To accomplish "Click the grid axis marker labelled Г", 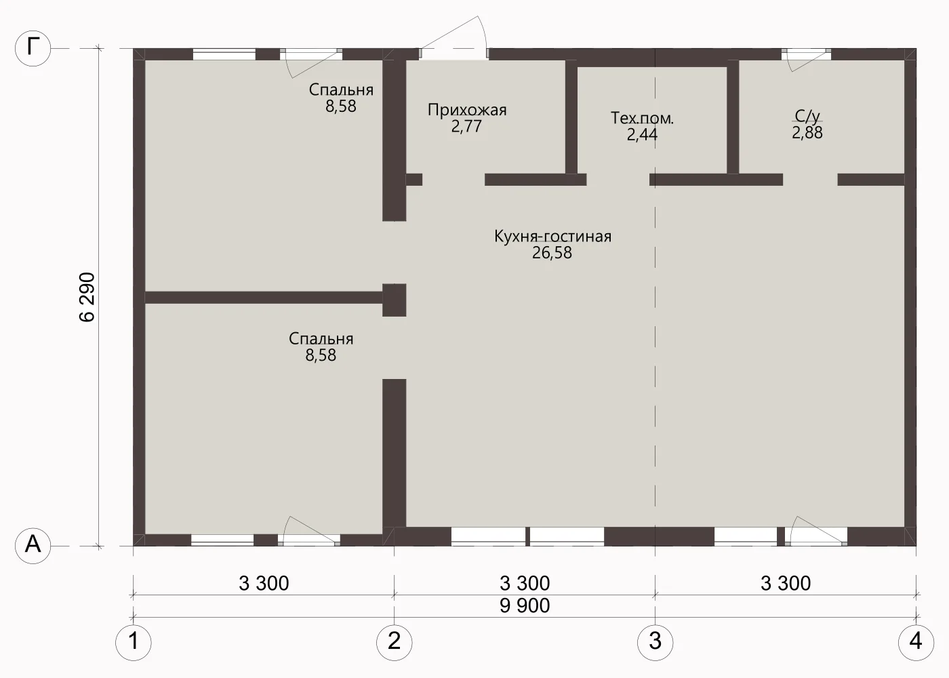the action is click(x=33, y=48).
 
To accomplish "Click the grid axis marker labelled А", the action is click(x=33, y=546).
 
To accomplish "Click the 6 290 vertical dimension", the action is click(x=87, y=297).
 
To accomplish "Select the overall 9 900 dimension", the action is click(x=525, y=605).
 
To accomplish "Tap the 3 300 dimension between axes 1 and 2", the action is click(x=264, y=583).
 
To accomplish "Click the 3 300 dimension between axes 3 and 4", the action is click(x=786, y=583).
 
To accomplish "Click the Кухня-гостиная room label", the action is click(x=552, y=236).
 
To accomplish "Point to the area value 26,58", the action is click(x=552, y=252).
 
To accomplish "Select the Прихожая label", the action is click(x=467, y=110).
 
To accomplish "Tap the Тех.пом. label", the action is click(x=642, y=118).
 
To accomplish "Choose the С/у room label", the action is click(x=807, y=116).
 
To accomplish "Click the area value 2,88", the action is click(x=807, y=133).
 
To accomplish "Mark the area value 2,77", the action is click(x=466, y=126).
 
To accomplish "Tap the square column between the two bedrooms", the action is click(x=394, y=300).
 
